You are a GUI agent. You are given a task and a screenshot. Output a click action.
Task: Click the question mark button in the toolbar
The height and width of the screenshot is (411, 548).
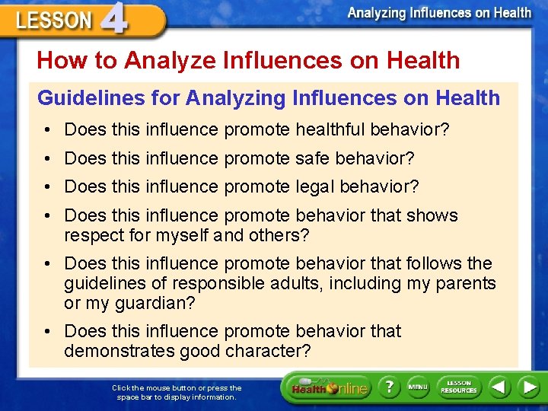[390, 387]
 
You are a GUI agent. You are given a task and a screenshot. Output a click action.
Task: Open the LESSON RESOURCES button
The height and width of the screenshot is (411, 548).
[458, 387]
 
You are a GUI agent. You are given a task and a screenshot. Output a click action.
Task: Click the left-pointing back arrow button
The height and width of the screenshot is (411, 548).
[499, 387]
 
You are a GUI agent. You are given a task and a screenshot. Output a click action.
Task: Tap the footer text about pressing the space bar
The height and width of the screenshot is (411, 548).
[177, 392]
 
